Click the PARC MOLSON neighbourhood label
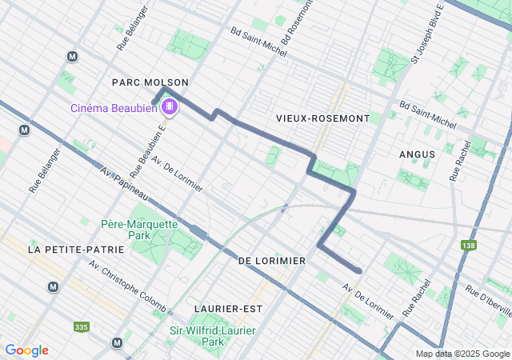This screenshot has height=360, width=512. tap(150, 82)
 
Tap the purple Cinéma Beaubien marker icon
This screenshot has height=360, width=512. tap(169, 107)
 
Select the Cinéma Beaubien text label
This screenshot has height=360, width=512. tap(114, 108)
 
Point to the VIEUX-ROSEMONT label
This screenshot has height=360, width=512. tap(322, 118)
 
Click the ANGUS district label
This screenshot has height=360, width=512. tap(417, 154)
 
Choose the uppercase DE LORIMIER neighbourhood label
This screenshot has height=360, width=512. tap(272, 261)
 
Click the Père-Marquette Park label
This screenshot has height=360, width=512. tap(138, 230)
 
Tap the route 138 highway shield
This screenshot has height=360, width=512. tap(468, 245)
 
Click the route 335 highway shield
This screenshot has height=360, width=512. tap(81, 327)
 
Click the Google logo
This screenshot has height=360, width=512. tap(26, 350)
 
